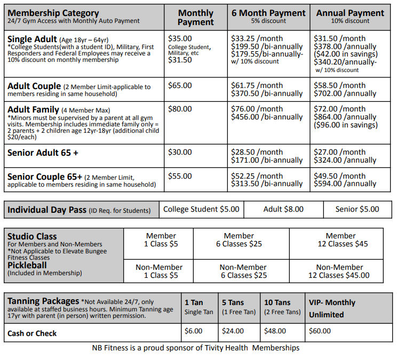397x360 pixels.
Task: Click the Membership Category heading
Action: [53, 13]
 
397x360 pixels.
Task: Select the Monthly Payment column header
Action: [195, 18]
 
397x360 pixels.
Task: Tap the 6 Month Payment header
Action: [268, 13]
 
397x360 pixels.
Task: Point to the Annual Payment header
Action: [350, 13]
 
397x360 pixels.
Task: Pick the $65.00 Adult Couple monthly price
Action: [180, 85]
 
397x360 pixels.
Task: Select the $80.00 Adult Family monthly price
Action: [180, 109]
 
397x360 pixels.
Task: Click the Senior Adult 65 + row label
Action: [43, 153]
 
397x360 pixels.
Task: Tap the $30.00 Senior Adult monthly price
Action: [180, 153]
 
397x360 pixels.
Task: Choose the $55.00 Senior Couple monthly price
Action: [180, 176]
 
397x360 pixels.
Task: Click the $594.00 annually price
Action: [345, 184]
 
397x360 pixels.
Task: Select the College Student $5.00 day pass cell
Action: [201, 210]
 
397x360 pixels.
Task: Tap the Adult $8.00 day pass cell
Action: [283, 210]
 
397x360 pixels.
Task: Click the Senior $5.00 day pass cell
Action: [357, 210]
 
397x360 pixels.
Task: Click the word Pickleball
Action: [27, 265]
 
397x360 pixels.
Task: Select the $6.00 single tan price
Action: [193, 331]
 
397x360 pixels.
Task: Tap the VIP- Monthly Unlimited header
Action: [332, 308]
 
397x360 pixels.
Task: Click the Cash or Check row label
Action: [32, 333]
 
